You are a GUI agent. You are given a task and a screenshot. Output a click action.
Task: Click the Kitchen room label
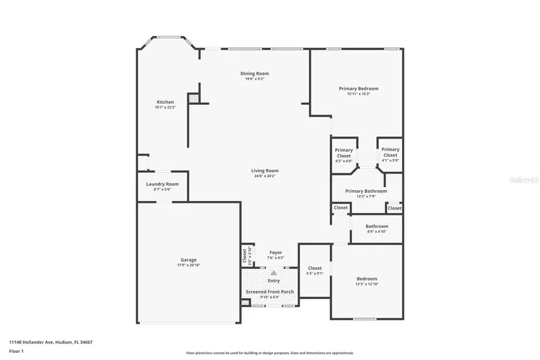pyautogui.click(x=165, y=102)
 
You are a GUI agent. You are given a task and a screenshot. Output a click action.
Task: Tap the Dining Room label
pyautogui.click(x=254, y=74)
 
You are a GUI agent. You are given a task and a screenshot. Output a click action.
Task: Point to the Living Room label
pyautogui.click(x=265, y=171)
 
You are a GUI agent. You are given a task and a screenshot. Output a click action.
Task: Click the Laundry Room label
pyautogui.click(x=162, y=184)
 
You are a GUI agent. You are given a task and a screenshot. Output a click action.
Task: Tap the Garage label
pyautogui.click(x=188, y=260)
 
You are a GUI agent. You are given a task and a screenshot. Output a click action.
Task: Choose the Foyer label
pyautogui.click(x=275, y=253)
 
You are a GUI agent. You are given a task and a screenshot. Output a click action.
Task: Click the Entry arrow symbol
pyautogui.click(x=274, y=273)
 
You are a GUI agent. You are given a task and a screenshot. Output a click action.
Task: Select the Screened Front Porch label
pyautogui.click(x=269, y=292)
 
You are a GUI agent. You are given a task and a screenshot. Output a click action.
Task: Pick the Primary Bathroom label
pyautogui.click(x=365, y=191)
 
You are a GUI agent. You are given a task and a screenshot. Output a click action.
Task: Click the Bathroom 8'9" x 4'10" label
pyautogui.click(x=377, y=226)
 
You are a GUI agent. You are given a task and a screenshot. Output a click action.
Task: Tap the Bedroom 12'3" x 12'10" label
pyautogui.click(x=367, y=279)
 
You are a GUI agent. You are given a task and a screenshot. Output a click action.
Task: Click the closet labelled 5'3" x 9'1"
pyautogui.click(x=314, y=268)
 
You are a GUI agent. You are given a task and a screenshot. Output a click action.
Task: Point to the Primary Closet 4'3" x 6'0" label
pyautogui.click(x=344, y=153)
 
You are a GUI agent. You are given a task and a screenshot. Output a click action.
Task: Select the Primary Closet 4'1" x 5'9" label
pyautogui.click(x=390, y=152)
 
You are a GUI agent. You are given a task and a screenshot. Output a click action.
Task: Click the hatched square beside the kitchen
pyautogui.click(x=193, y=98)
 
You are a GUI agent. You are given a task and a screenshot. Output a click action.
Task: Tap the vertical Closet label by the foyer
pyautogui.click(x=245, y=256)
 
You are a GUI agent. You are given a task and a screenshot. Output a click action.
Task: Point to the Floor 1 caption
pyautogui.click(x=16, y=352)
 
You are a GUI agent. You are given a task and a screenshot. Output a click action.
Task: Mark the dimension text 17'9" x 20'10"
pyautogui.click(x=188, y=265)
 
